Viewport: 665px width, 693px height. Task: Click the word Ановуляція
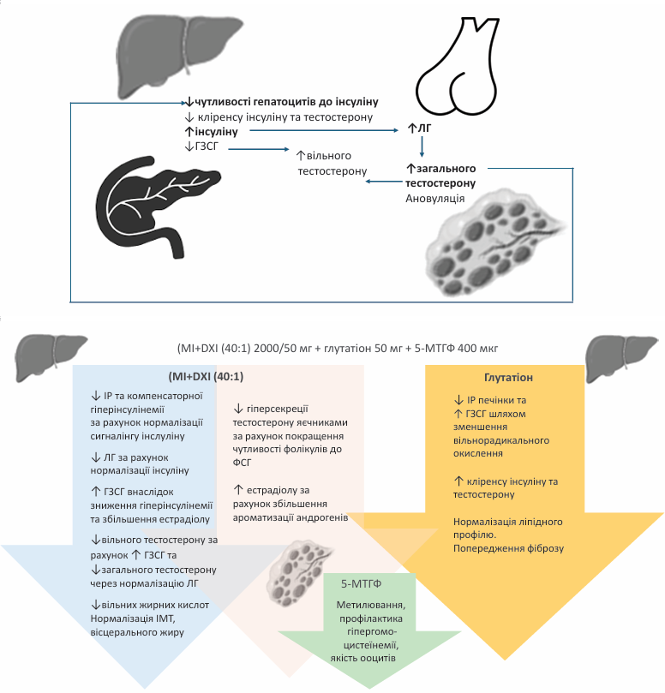click(435, 197)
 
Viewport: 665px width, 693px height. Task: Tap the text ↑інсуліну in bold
click(217, 132)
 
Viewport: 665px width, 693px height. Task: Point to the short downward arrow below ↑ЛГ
click(422, 149)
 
